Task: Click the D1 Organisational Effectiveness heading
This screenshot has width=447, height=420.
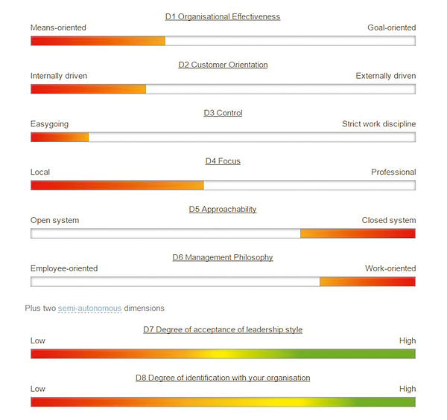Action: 223,16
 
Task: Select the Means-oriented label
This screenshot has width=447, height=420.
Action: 58,28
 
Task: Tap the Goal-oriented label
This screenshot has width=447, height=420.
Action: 391,28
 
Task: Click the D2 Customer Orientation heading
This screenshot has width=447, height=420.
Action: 223,65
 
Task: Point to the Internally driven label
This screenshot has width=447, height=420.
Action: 60,76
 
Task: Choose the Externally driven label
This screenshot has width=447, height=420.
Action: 385,76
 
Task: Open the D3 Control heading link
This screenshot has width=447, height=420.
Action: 223,113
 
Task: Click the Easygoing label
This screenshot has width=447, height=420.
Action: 50,124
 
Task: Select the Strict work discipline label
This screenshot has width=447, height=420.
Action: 378,124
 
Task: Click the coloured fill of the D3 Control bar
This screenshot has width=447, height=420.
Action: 60,137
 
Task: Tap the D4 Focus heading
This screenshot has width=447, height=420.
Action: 223,161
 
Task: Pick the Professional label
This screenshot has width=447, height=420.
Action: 393,172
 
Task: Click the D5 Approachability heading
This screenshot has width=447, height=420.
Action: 223,210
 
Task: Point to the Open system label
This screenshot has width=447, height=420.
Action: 54,221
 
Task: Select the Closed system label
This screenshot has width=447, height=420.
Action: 388,221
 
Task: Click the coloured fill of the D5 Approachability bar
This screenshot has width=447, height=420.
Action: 358,233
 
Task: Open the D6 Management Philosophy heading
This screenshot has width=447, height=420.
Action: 223,258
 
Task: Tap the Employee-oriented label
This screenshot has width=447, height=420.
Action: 64,269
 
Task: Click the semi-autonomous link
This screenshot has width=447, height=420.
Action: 89,308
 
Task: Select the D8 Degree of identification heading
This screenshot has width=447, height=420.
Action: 223,378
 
